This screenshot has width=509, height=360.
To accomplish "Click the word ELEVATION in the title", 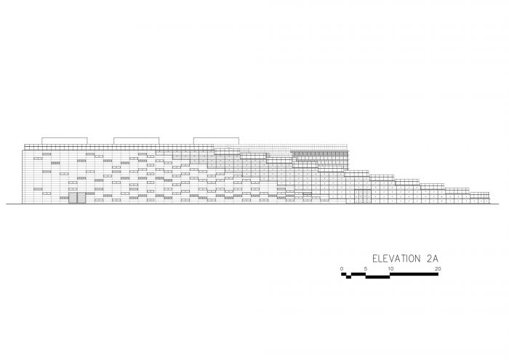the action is [x=396, y=259].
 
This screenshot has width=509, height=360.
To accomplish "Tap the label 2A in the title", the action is [x=433, y=259].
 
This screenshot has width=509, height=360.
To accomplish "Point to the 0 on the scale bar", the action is [x=342, y=269].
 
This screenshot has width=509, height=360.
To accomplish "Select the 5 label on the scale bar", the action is [x=366, y=269].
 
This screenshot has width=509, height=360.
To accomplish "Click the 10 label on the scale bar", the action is [x=390, y=269].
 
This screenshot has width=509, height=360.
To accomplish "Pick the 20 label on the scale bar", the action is [x=438, y=269].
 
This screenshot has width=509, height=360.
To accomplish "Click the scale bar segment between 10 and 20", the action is [x=414, y=274].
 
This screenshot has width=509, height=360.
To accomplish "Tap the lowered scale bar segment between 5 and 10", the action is [x=377, y=277].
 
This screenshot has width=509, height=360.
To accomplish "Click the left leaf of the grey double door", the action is [x=73, y=198].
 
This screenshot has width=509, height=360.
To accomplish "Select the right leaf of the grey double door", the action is [x=81, y=198].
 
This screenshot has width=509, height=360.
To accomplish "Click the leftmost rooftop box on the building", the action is [x=65, y=141].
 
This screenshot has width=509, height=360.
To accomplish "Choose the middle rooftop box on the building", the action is [x=137, y=141].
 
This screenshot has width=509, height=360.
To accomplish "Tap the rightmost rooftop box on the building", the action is [x=216, y=141].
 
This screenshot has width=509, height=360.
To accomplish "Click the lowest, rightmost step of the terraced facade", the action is [x=479, y=198].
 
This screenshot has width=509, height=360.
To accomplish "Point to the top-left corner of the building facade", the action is [x=22, y=150].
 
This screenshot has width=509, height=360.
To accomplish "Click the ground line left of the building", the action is [x=14, y=204].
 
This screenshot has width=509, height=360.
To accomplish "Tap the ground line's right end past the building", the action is [x=499, y=204].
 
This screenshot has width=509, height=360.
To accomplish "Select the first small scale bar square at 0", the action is [x=343, y=274].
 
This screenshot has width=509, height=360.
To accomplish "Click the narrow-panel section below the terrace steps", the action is [x=363, y=196].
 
